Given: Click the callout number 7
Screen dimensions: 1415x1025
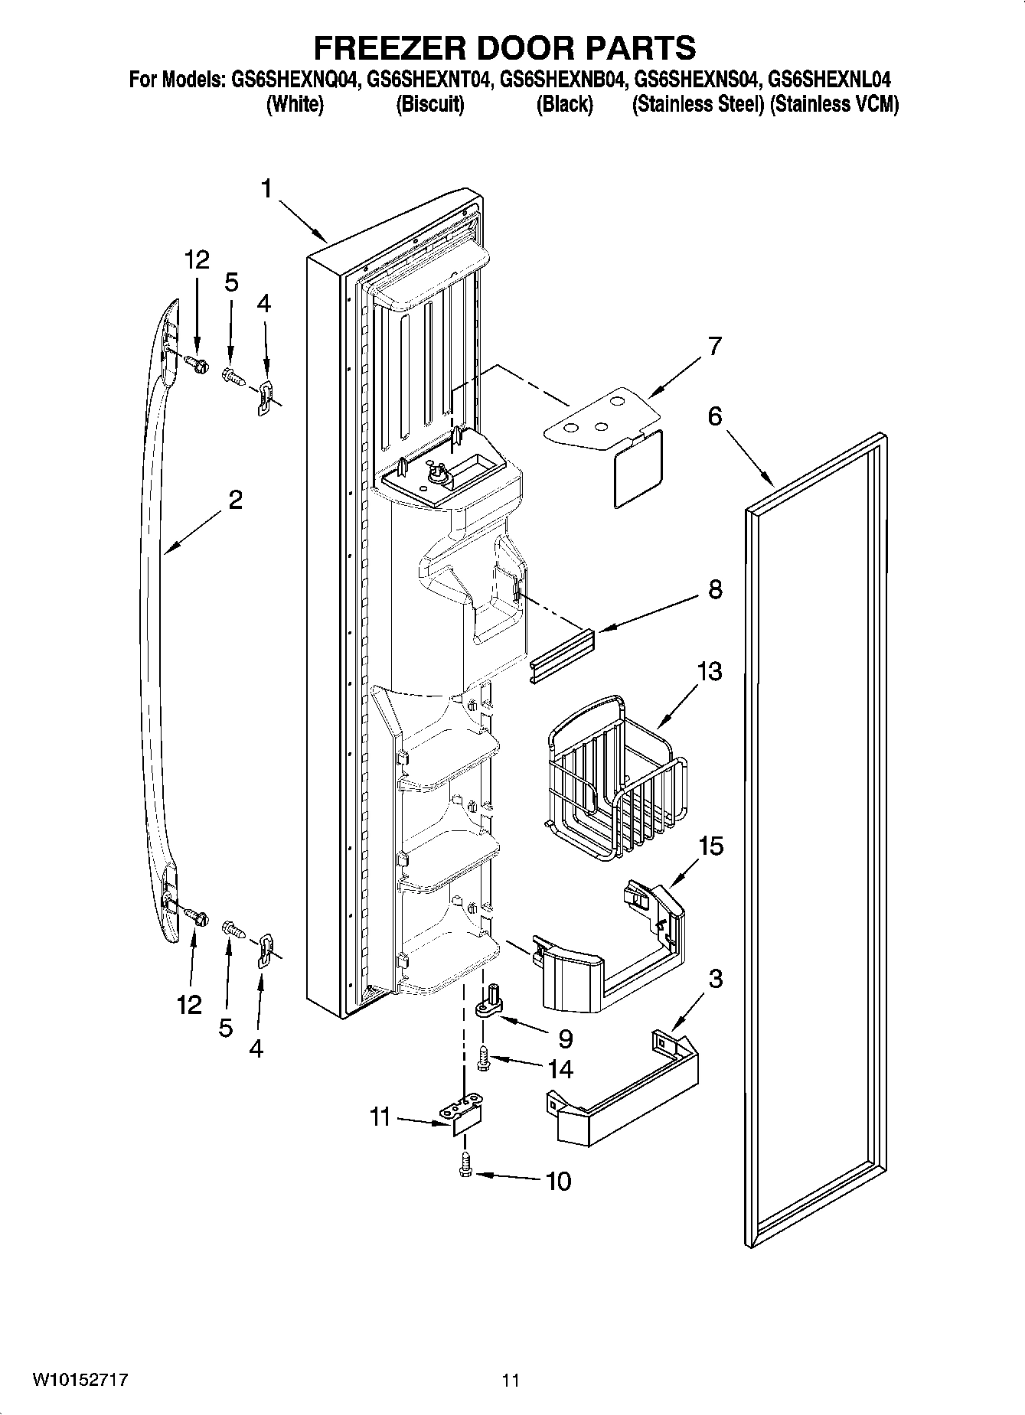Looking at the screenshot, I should pyautogui.click(x=714, y=346).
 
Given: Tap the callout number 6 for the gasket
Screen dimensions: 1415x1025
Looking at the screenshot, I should pyautogui.click(x=714, y=416).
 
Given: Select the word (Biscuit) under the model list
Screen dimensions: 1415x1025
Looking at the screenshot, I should pyautogui.click(x=429, y=105).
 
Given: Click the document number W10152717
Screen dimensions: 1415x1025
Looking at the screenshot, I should pyautogui.click(x=80, y=1380).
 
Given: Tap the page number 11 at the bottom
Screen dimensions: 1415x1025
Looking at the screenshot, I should pyautogui.click(x=511, y=1381).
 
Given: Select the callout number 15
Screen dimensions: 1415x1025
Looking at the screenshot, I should pyautogui.click(x=710, y=846).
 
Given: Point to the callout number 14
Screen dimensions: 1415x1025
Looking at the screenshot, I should pyautogui.click(x=560, y=1068).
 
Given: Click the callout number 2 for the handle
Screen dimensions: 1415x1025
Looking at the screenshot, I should pyautogui.click(x=235, y=500).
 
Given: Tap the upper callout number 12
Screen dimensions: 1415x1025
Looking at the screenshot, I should pyautogui.click(x=197, y=260).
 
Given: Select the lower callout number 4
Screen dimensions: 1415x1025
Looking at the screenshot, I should pyautogui.click(x=256, y=1048).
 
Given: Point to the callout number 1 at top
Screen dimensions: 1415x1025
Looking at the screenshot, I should pyautogui.click(x=266, y=188).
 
